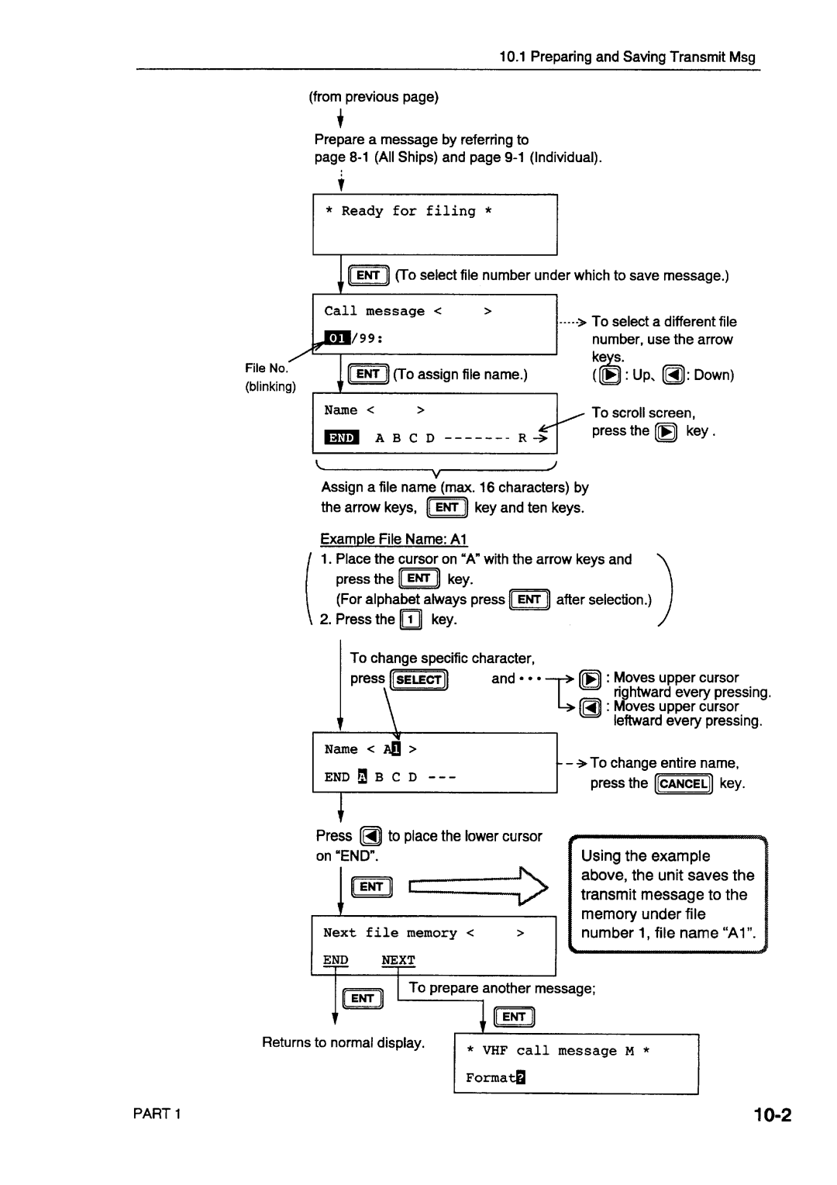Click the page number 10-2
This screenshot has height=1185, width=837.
click(x=771, y=1115)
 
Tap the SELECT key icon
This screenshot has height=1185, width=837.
click(x=419, y=680)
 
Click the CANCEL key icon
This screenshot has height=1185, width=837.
click(x=683, y=783)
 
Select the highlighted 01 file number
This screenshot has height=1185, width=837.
click(x=337, y=338)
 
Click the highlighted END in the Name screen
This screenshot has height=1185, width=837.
click(x=341, y=438)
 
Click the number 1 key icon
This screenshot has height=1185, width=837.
click(x=411, y=619)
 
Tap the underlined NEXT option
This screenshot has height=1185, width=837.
click(x=398, y=960)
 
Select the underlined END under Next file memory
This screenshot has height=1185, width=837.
click(x=336, y=960)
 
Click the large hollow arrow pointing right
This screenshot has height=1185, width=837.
click(x=478, y=886)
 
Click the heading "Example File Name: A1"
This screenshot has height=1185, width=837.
click(x=394, y=539)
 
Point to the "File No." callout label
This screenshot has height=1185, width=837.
click(x=266, y=368)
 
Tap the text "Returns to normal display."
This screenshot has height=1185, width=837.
click(x=343, y=1042)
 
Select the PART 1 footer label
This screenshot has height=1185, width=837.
click(x=157, y=1114)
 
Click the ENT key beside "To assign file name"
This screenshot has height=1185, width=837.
click(x=367, y=375)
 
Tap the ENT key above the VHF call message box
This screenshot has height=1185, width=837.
click(x=514, y=1017)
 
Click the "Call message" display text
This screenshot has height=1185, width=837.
click(x=374, y=311)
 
